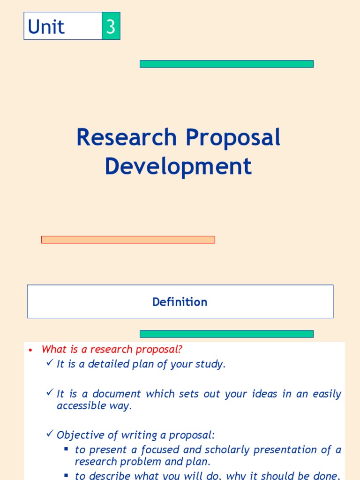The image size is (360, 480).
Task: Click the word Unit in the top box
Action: tap(46, 27)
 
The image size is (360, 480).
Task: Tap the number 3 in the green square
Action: tap(111, 27)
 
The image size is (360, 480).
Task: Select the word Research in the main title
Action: tap(127, 138)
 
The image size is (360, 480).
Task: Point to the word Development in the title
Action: tap(178, 166)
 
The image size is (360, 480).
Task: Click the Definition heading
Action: tap(180, 302)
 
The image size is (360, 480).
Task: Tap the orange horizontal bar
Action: tap(128, 240)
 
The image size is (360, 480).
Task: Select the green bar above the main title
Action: tap(226, 64)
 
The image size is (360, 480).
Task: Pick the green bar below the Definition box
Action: tap(226, 334)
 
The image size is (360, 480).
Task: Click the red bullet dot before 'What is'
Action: tap(30, 350)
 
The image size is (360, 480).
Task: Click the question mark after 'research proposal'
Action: tap(180, 350)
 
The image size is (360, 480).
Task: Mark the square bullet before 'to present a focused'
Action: tap(67, 449)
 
